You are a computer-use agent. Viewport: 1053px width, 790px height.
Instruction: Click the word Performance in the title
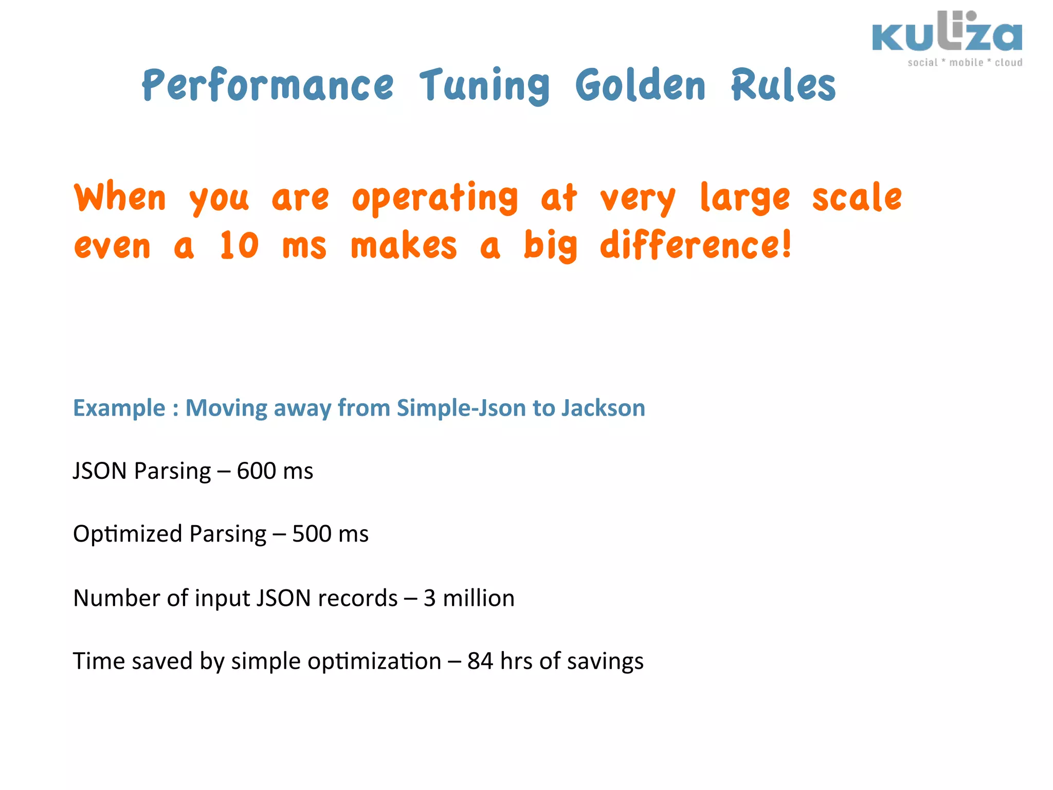(x=268, y=85)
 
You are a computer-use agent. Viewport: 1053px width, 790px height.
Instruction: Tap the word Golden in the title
(x=640, y=85)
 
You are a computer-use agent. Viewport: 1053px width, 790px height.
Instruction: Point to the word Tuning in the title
(x=484, y=85)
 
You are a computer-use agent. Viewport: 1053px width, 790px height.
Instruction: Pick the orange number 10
(x=239, y=246)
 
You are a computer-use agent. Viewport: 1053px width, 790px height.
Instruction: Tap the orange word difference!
(x=696, y=246)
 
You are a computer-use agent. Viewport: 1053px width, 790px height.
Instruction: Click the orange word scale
(x=857, y=198)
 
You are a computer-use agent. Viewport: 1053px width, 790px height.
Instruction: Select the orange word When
(x=120, y=198)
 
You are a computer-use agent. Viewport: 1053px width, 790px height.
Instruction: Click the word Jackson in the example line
(x=603, y=408)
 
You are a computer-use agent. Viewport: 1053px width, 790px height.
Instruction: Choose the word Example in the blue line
(x=119, y=408)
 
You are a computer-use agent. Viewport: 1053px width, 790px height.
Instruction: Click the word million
(x=478, y=598)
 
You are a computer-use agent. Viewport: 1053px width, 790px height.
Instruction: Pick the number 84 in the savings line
(x=480, y=661)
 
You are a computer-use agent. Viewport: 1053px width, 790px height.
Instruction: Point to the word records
(x=358, y=598)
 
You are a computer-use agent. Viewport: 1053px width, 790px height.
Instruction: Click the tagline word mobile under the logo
(x=966, y=63)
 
